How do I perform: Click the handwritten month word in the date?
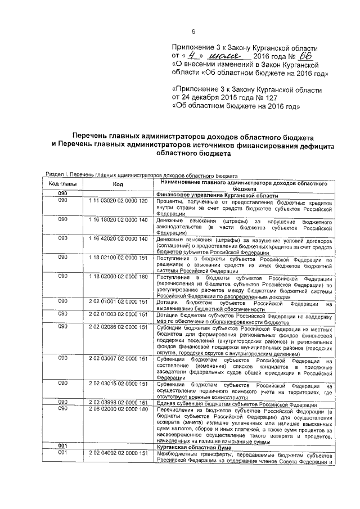coord(226,57)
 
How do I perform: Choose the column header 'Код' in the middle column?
coord(118,184)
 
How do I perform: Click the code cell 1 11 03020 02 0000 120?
coord(118,201)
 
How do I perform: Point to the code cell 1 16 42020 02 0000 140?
coord(118,239)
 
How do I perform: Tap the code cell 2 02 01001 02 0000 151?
coord(118,303)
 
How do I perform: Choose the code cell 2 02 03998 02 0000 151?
coord(118,403)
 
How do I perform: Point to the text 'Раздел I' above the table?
coord(56,175)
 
